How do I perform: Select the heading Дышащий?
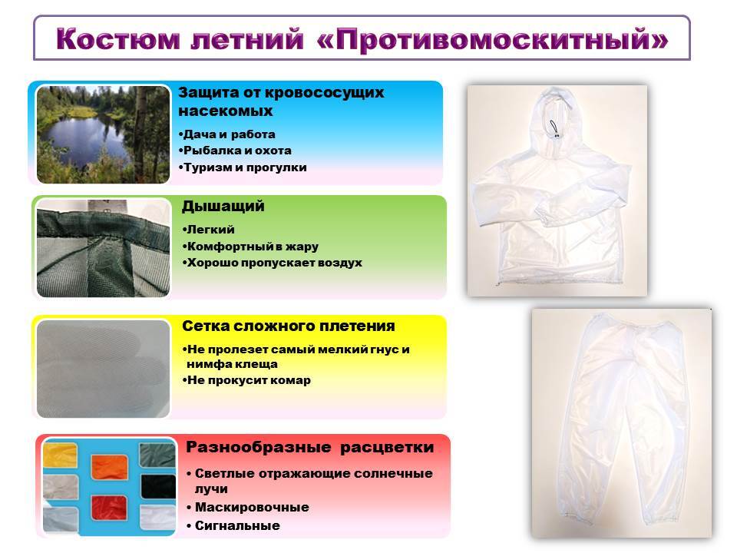click(x=223, y=207)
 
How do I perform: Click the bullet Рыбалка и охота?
click(x=235, y=151)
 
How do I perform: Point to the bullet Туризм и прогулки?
click(x=243, y=167)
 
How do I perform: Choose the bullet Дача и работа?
click(x=227, y=134)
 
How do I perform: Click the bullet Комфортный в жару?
click(x=250, y=247)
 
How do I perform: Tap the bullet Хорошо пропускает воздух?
click(x=272, y=263)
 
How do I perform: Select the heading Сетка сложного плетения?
click(x=289, y=326)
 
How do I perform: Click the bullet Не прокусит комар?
click(x=246, y=380)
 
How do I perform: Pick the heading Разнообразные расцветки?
click(x=309, y=447)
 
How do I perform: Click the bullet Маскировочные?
click(x=248, y=508)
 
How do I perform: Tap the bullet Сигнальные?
click(x=233, y=525)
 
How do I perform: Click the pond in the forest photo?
click(x=86, y=137)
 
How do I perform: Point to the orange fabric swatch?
click(x=110, y=466)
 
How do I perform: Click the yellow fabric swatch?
click(x=60, y=455)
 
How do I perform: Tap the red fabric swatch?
click(x=109, y=508)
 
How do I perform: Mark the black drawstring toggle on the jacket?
click(x=555, y=130)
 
